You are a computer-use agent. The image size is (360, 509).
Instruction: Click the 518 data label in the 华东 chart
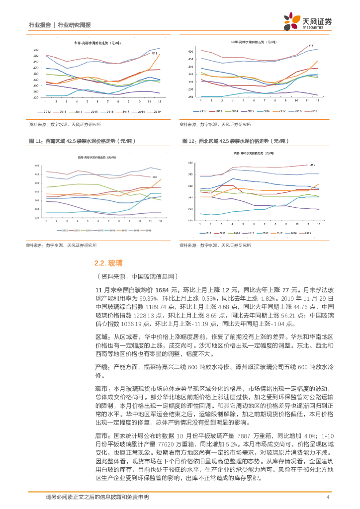[155, 53]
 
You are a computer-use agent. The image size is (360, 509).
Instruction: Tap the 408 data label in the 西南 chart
[154, 177]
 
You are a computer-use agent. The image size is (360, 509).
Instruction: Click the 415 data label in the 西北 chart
[312, 165]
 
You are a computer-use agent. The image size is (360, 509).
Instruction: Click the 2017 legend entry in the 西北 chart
[279, 233]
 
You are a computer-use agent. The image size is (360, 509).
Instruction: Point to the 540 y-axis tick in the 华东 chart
[35, 50]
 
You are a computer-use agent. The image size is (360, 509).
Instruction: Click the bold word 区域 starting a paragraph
[101, 337]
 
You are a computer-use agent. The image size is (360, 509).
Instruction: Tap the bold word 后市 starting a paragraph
[101, 434]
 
